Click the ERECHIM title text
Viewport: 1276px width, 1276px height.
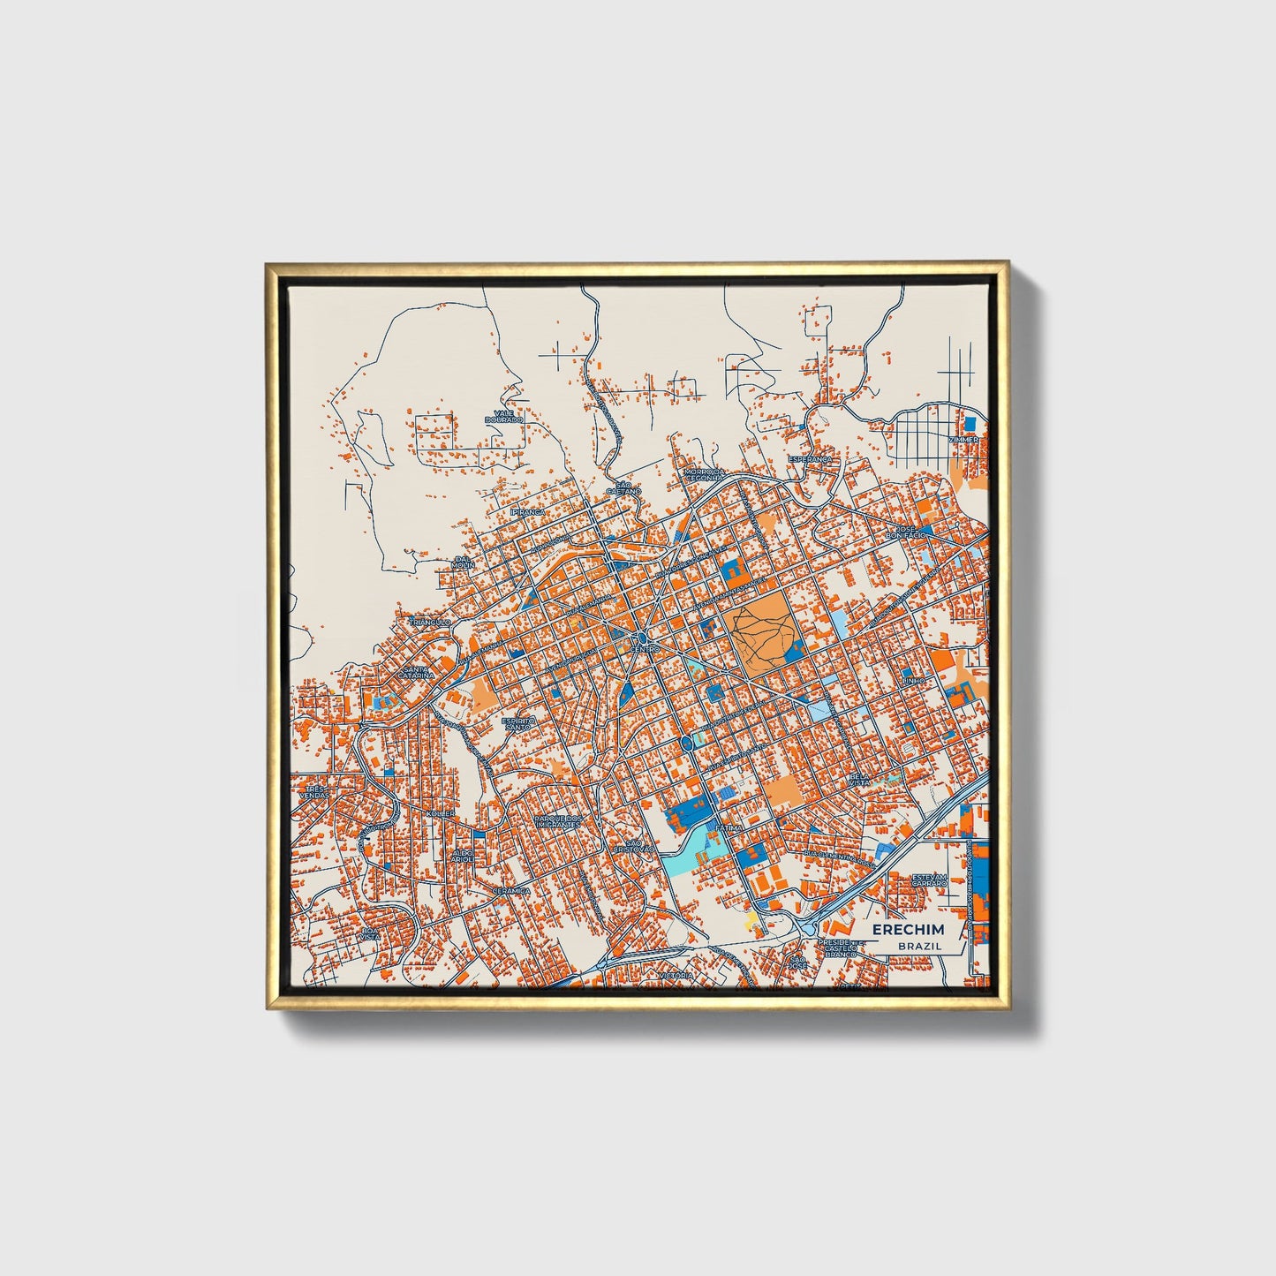(x=908, y=930)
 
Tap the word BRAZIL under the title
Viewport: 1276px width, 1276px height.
(x=919, y=946)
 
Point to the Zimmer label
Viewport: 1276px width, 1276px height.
(x=963, y=439)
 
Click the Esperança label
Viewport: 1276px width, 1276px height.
(x=811, y=459)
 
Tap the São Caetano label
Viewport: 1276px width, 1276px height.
(x=623, y=487)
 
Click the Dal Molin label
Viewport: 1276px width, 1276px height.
(x=463, y=562)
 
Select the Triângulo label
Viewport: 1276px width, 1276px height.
(x=431, y=622)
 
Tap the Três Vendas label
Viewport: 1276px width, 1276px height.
(x=313, y=792)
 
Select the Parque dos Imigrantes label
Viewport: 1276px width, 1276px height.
(x=557, y=821)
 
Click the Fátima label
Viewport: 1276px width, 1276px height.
(x=729, y=828)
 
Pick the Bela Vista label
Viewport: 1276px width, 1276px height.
(x=858, y=781)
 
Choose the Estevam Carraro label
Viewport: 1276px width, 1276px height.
(x=929, y=880)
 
